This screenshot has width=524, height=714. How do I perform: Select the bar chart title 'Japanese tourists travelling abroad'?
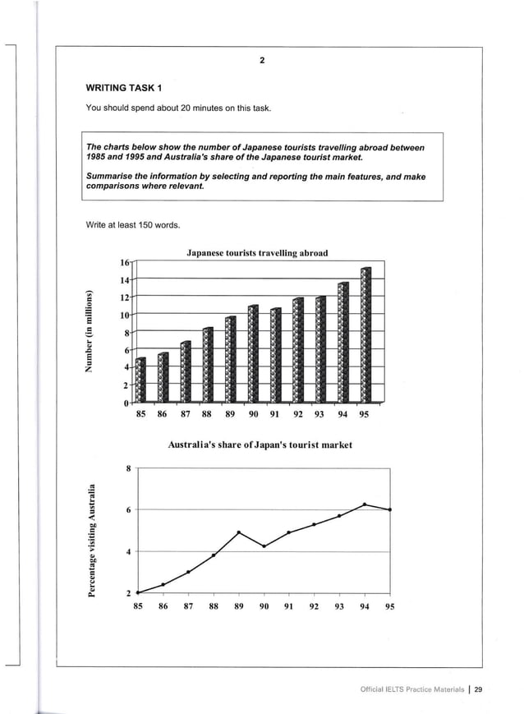pyautogui.click(x=257, y=253)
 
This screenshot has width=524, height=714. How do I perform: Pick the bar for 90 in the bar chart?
pyautogui.click(x=253, y=354)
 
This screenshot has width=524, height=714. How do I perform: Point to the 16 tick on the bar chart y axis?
pyautogui.click(x=125, y=263)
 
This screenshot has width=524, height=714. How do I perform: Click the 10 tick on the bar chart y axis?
pyautogui.click(x=125, y=316)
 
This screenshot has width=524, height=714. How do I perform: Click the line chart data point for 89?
pyautogui.click(x=238, y=532)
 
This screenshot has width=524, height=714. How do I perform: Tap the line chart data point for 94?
pyautogui.click(x=365, y=504)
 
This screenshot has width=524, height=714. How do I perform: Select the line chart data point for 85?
pyautogui.click(x=138, y=592)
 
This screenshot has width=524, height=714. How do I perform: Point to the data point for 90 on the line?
pyautogui.click(x=264, y=546)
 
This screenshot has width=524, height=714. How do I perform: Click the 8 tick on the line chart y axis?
pyautogui.click(x=128, y=468)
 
